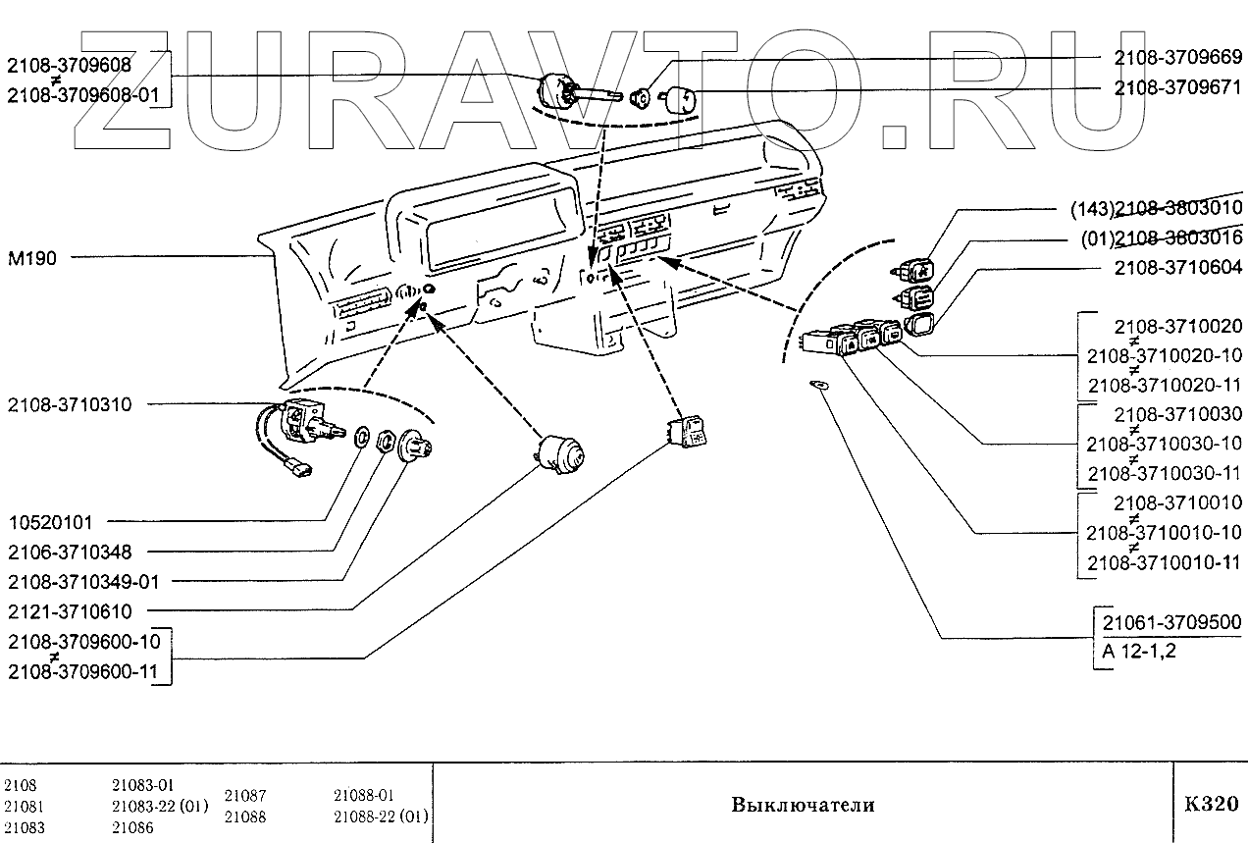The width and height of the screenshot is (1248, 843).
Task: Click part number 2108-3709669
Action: (x=1178, y=57)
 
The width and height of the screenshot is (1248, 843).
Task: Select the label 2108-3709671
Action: (x=1178, y=87)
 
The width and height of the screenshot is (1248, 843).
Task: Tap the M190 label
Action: (x=32, y=259)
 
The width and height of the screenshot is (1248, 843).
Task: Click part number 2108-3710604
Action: (x=1178, y=267)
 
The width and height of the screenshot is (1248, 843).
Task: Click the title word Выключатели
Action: (x=802, y=806)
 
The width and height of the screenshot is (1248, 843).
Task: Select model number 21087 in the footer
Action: (x=245, y=797)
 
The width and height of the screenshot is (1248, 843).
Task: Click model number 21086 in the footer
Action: (x=133, y=827)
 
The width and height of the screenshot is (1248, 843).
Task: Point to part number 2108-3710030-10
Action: (x=1164, y=444)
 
